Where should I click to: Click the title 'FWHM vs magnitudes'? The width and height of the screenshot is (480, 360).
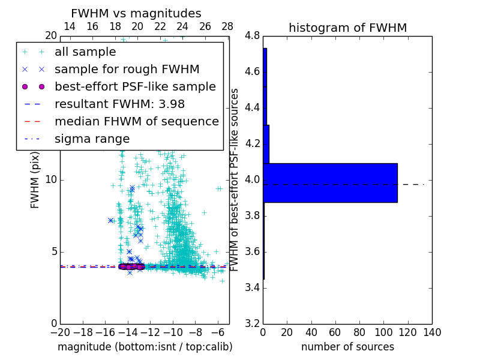click(x=136, y=14)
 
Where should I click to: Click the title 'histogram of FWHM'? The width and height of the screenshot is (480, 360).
click(x=347, y=28)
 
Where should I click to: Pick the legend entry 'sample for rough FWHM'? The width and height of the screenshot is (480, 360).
click(x=127, y=70)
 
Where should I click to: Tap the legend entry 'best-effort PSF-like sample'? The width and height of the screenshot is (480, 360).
click(x=135, y=87)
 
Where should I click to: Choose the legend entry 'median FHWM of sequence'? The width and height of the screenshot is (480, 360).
click(x=136, y=122)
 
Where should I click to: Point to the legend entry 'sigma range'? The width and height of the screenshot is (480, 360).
click(x=92, y=139)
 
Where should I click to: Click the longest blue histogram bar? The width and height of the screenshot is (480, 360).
click(x=330, y=182)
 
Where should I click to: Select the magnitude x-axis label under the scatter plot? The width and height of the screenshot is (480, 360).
click(x=145, y=347)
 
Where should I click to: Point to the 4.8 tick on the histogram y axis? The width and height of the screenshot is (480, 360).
click(x=253, y=36)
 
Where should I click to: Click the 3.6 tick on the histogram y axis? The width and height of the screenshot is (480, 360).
click(x=253, y=251)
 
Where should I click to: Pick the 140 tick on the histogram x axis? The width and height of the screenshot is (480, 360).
click(x=432, y=332)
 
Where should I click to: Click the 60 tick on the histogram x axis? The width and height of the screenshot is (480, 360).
click(x=335, y=332)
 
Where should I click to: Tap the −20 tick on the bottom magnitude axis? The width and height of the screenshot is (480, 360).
click(x=60, y=332)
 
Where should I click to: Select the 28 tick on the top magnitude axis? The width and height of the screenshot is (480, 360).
click(x=227, y=27)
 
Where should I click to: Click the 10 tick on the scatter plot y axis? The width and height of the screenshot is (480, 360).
click(x=51, y=180)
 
